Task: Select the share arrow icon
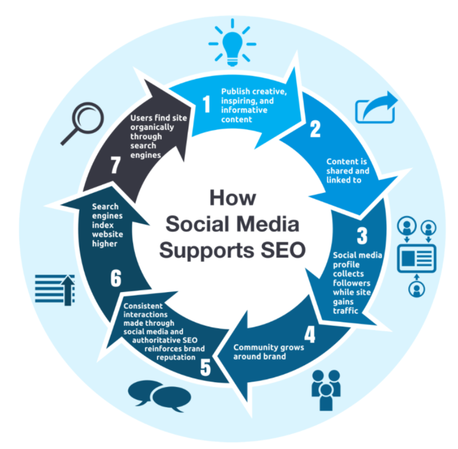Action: click(x=376, y=107)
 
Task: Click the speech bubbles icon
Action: click(x=160, y=396)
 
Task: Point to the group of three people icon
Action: click(x=326, y=390)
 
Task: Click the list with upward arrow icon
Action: click(x=55, y=289)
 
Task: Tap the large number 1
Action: click(x=207, y=104)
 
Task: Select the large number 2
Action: click(x=315, y=129)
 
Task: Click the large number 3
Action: click(x=362, y=236)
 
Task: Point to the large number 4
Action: click(x=310, y=334)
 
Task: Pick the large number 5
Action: click(x=206, y=367)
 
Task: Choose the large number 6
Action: click(x=116, y=278)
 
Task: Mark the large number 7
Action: click(x=116, y=165)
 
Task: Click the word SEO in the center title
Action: click(x=283, y=250)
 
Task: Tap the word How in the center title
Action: click(x=233, y=198)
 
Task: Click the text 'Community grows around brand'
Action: click(x=269, y=352)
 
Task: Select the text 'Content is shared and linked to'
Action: click(x=347, y=171)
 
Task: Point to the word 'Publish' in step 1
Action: click(x=235, y=92)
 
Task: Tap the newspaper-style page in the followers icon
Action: click(x=416, y=259)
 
